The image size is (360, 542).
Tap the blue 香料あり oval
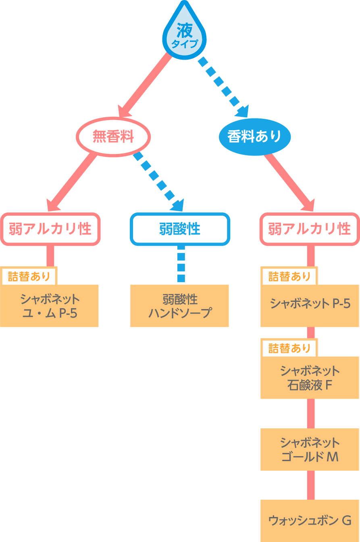click(254, 137)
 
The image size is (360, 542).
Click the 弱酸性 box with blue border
click(180, 229)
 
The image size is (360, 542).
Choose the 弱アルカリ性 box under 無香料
click(50, 229)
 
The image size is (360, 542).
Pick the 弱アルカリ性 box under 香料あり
click(310, 229)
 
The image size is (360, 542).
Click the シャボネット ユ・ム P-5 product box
click(50, 306)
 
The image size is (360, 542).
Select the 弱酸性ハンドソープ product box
click(179, 306)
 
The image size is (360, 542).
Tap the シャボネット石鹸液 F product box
click(310, 378)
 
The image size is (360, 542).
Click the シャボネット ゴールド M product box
click(310, 449)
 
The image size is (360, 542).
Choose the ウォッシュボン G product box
click(310, 520)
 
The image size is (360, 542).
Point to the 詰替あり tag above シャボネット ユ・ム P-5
click(29, 276)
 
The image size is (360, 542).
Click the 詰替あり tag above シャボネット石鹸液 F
click(289, 348)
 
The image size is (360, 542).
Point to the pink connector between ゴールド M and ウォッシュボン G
click(310, 485)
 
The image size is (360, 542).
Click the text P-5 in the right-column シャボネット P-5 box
click(341, 303)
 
